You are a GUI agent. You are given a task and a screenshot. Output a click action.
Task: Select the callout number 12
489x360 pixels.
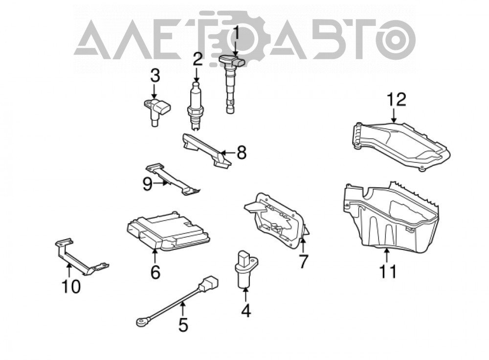tap(397, 99)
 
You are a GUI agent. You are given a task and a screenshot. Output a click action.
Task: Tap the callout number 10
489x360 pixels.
tap(71, 286)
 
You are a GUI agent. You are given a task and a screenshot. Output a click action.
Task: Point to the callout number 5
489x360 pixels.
tap(183, 324)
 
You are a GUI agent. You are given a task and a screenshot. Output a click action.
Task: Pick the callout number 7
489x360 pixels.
tap(303, 261)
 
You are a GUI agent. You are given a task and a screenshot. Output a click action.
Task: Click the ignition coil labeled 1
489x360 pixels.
tap(231, 84)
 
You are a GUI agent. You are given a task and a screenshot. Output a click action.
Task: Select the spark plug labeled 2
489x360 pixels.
tap(196, 106)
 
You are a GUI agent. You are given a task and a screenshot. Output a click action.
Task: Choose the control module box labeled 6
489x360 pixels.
tap(168, 231)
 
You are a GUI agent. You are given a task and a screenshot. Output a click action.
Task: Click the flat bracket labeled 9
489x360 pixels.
tap(173, 180)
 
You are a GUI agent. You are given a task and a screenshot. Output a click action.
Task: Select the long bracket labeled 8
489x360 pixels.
tap(206, 151)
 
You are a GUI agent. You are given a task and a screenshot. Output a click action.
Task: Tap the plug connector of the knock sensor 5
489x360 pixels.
tap(209, 284)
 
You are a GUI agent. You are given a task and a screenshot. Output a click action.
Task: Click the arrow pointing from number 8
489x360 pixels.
tap(228, 153)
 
